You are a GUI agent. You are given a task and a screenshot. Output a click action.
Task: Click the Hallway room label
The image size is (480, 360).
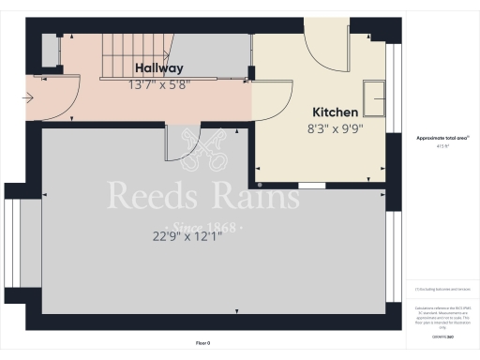coord(158,68)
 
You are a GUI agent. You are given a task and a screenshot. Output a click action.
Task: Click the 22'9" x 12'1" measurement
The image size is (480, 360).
coord(187,236)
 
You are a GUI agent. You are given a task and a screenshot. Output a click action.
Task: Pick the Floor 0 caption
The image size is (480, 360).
coord(202,343)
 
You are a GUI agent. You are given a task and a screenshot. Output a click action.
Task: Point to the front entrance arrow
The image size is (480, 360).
coord(32,97)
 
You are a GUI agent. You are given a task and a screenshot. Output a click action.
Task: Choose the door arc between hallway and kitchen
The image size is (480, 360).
coord(272,101)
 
